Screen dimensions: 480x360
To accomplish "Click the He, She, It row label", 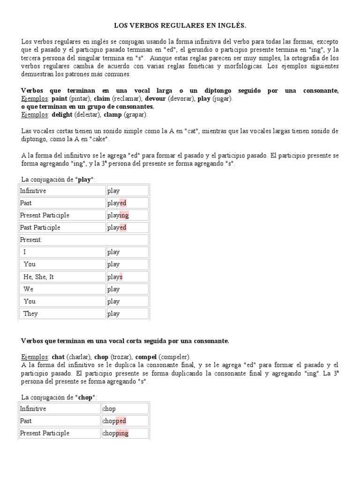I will point(38,277).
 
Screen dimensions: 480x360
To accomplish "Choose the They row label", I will point(30,314).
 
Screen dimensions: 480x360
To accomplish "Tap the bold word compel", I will point(145,357).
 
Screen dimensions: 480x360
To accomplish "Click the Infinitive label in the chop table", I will point(33,409).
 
